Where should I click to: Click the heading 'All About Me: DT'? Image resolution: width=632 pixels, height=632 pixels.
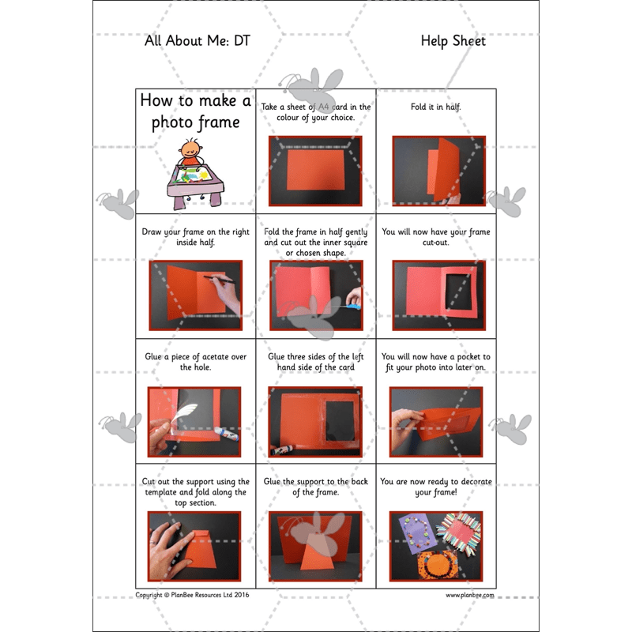click(x=197, y=41)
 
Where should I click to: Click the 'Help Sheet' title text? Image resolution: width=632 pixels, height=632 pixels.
click(x=453, y=41)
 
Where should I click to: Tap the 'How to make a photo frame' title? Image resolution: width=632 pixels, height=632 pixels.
click(x=195, y=111)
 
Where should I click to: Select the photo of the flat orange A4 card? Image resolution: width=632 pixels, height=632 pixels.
click(x=315, y=171)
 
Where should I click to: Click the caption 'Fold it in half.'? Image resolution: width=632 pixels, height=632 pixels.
click(x=436, y=107)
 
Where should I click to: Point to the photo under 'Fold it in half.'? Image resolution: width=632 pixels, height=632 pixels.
click(x=438, y=171)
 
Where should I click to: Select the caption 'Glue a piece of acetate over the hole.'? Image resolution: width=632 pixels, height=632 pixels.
click(x=195, y=362)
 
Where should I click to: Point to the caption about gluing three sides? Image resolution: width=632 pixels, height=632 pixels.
click(x=315, y=362)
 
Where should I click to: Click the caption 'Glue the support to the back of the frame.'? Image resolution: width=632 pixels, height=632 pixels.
click(x=315, y=487)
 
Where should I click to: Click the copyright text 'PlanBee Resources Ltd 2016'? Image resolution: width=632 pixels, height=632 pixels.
click(x=192, y=595)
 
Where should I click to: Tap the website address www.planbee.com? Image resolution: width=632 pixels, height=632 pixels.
click(x=470, y=595)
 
